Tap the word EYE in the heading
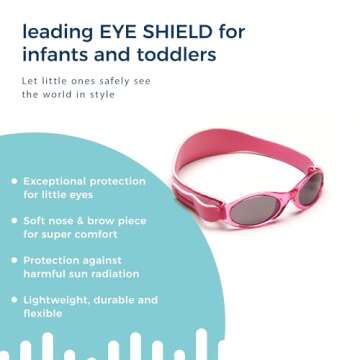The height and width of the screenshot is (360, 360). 134,32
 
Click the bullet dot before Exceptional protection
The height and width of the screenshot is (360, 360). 13,181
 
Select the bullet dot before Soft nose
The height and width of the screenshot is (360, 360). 13,220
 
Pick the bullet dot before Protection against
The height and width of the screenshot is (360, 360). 13,260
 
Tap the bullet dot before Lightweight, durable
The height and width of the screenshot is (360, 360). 13,299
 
